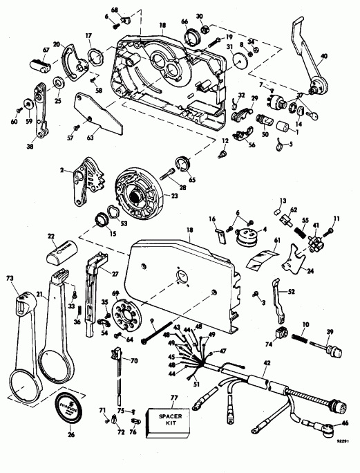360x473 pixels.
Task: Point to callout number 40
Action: pos(343,57)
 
